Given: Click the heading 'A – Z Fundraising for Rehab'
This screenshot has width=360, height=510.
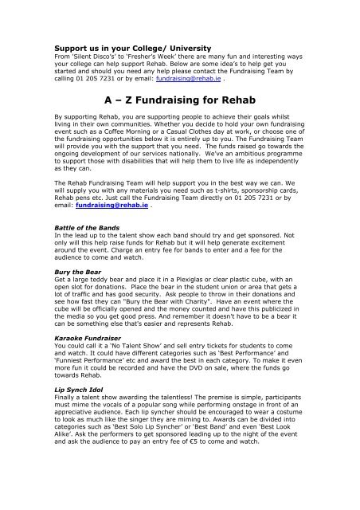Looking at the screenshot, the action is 180,100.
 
